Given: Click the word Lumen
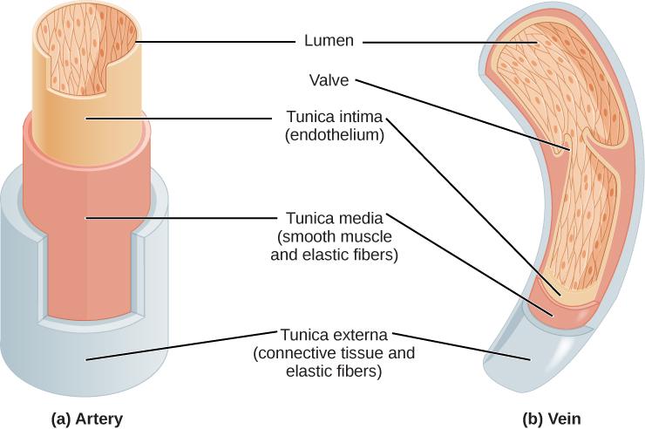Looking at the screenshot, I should [x=326, y=40].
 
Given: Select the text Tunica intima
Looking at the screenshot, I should [x=335, y=117].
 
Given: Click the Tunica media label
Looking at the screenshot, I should [x=336, y=217].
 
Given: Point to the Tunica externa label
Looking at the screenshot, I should [x=334, y=335].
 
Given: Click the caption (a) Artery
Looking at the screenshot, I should [x=85, y=418].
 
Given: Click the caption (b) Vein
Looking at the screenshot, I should [x=551, y=418].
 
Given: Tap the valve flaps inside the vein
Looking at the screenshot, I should [x=571, y=144].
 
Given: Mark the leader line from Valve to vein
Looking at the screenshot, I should [x=462, y=113].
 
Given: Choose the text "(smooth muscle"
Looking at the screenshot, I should [x=336, y=235].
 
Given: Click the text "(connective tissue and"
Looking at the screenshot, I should [x=335, y=353].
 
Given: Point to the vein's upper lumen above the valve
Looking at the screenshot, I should [x=558, y=78].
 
